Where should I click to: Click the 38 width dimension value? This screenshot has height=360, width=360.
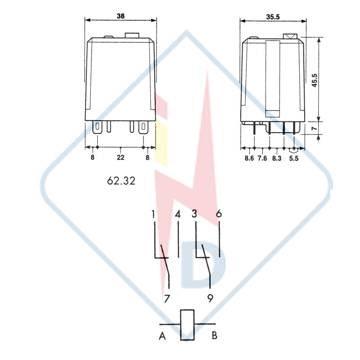click(121, 16)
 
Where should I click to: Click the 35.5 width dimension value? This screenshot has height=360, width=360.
click(273, 17)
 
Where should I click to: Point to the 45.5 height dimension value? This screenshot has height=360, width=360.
click(314, 80)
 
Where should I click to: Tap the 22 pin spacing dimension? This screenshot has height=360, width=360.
click(121, 157)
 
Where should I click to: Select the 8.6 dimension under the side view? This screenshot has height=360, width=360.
click(249, 158)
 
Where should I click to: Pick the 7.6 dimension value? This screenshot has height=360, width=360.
click(262, 158)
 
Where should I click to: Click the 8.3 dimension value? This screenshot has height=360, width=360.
click(277, 158)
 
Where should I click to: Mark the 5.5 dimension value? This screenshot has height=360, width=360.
click(294, 158)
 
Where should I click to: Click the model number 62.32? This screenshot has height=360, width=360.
click(121, 181)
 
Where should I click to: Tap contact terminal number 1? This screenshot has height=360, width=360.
click(153, 214)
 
